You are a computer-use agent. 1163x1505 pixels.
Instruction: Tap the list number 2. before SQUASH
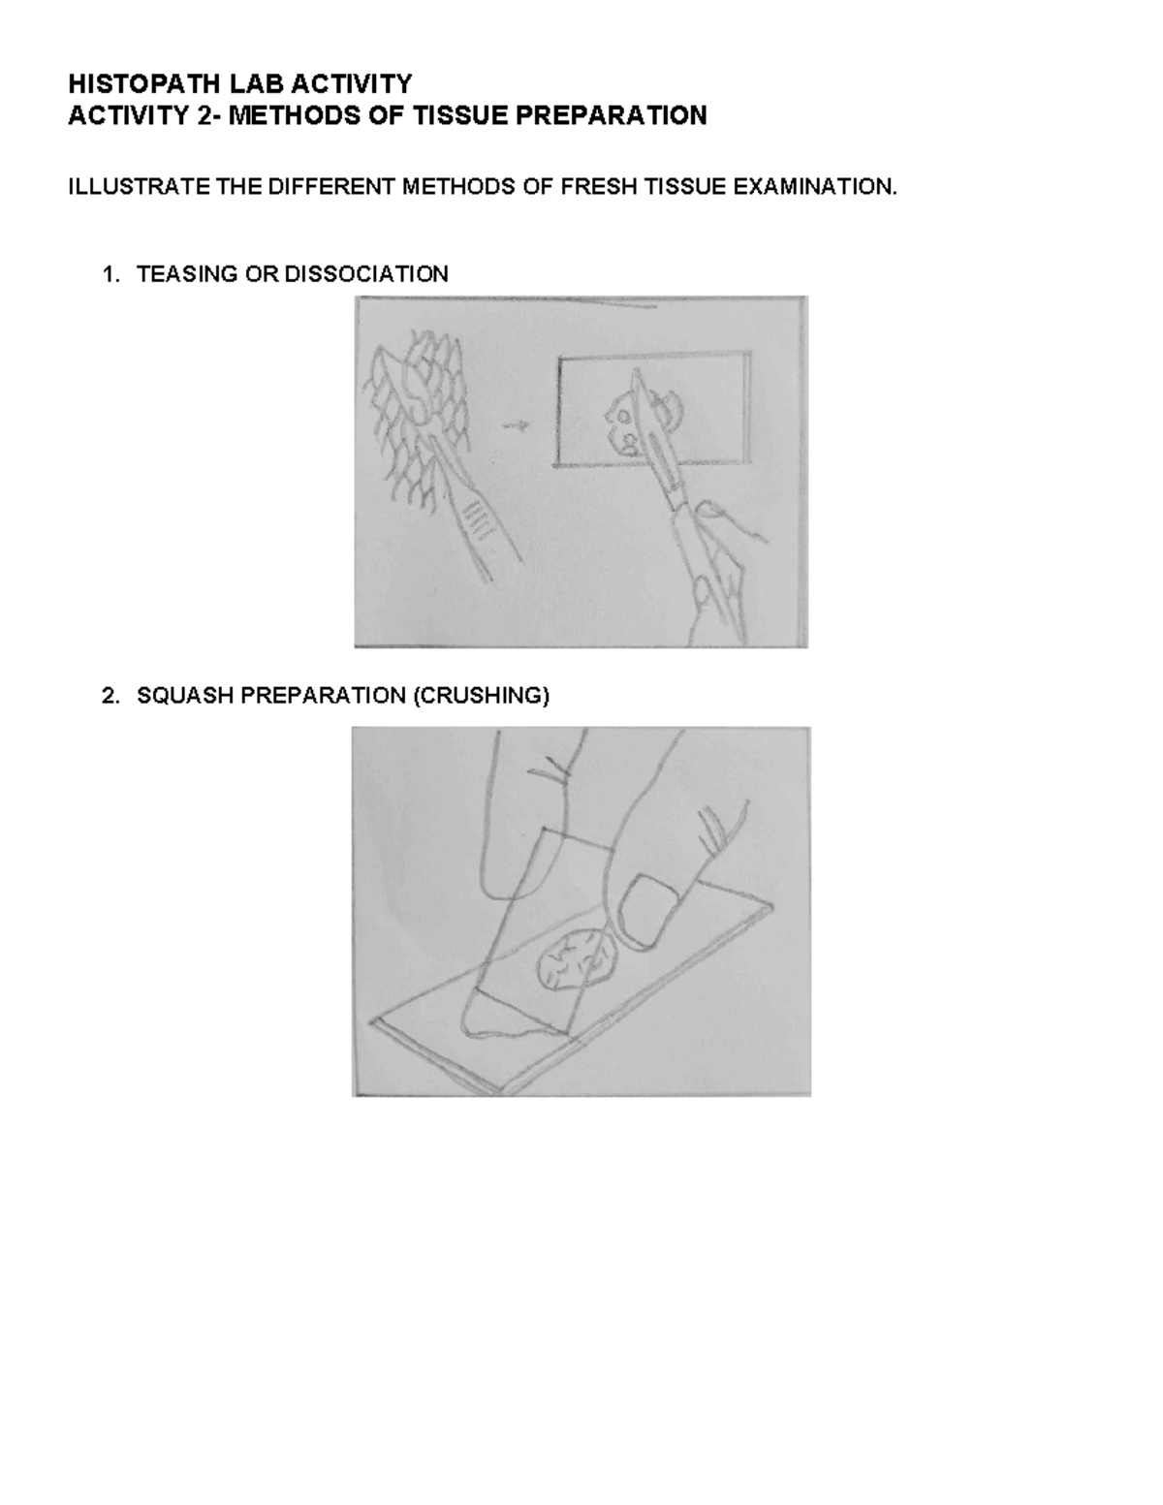[x=110, y=696]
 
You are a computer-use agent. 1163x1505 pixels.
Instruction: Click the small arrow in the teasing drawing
[x=519, y=424]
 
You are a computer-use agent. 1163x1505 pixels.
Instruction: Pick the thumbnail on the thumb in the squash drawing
[x=642, y=908]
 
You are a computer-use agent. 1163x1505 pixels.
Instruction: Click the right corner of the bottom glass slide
[x=772, y=908]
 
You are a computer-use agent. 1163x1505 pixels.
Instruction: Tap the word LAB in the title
[x=226, y=84]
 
